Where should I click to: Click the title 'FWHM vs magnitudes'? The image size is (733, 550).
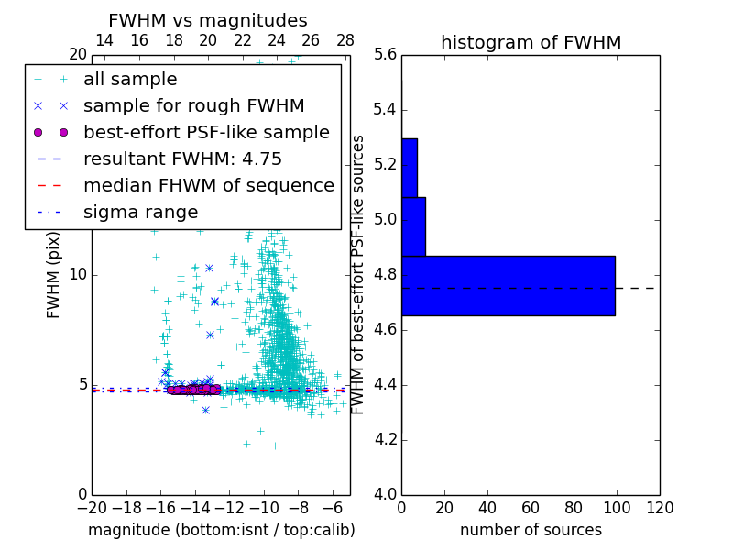(x=207, y=20)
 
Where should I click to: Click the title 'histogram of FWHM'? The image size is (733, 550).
(x=531, y=42)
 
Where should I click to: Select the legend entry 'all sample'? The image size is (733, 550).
(x=130, y=80)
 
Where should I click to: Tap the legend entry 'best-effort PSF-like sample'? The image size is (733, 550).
(x=206, y=132)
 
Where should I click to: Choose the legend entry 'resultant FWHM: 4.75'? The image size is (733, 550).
(x=182, y=159)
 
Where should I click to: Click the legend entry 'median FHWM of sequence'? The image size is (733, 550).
(x=208, y=185)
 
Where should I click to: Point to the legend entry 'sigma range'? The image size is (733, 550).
(x=140, y=212)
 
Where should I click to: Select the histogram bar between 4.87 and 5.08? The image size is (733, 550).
(x=413, y=226)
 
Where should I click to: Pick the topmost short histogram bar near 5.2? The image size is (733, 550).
(x=409, y=168)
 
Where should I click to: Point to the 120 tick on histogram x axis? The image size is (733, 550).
(x=659, y=508)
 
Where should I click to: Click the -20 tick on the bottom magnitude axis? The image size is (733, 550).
(x=92, y=508)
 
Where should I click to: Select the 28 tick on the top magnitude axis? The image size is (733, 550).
(x=345, y=40)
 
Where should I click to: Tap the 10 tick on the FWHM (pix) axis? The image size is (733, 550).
(x=77, y=275)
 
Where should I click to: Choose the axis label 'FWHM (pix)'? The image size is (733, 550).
(x=54, y=275)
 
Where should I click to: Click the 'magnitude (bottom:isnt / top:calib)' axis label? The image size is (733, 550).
(x=221, y=530)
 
